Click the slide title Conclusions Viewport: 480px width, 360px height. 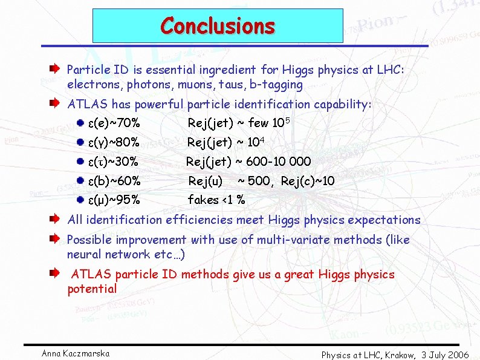tap(218, 26)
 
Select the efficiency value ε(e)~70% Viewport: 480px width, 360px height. tap(115, 124)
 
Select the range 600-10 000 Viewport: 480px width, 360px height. tap(281, 162)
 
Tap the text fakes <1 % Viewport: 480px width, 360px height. tap(216, 200)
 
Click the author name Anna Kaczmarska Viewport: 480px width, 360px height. tap(76, 353)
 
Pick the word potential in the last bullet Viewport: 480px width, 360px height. tap(92, 289)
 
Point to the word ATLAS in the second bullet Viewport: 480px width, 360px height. tap(85, 105)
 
